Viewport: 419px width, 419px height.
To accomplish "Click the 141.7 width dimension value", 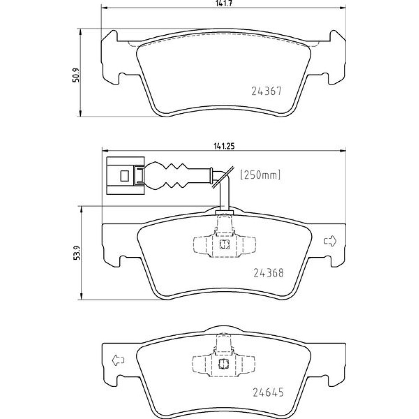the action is [224, 4].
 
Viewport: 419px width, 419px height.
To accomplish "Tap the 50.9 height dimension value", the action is [76, 75].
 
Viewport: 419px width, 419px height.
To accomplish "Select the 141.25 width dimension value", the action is [224, 146].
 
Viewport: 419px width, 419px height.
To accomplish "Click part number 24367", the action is [266, 91].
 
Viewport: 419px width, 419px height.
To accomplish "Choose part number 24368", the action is [268, 273].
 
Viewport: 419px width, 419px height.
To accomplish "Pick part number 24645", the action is [268, 392].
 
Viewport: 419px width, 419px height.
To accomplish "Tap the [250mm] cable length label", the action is [261, 175].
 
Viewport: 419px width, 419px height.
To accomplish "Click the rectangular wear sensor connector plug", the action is [125, 176].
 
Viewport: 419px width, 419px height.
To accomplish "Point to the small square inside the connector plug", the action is [124, 176].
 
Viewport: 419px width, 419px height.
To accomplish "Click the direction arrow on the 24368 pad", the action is [330, 241].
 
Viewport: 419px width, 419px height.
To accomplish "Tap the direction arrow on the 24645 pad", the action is [118, 360].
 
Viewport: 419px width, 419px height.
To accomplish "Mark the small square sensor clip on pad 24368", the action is [225, 244].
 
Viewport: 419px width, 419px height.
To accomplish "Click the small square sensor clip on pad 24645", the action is [224, 364].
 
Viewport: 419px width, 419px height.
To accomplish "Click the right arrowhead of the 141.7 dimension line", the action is [343, 8].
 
